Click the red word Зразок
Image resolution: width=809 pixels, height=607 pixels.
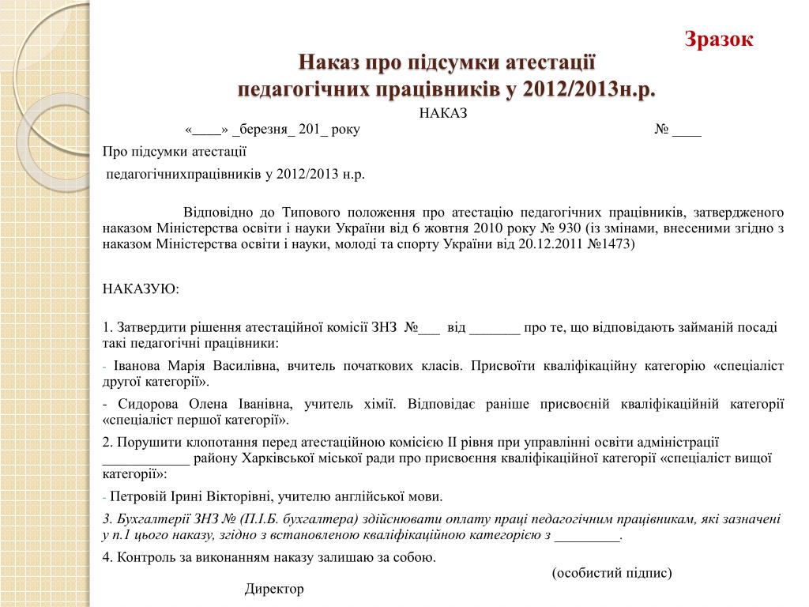(x=719, y=39)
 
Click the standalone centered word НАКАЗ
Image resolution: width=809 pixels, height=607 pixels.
(x=443, y=113)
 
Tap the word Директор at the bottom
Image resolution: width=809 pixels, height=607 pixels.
(x=274, y=589)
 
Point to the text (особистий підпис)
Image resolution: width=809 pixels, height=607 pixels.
(x=612, y=573)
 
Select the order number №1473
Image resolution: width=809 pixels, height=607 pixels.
(x=611, y=244)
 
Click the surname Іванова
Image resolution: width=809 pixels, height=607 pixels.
(x=138, y=366)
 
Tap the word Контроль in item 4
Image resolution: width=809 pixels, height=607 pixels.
(x=142, y=557)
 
